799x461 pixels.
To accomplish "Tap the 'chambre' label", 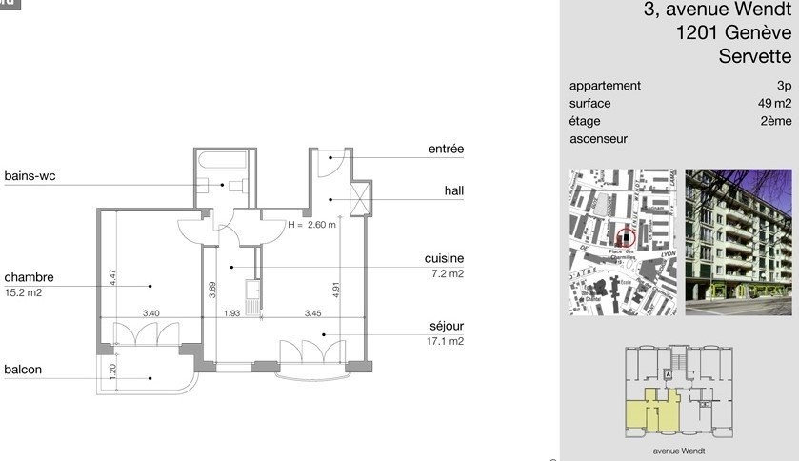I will [x=29, y=278].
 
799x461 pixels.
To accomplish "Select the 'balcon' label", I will [x=22, y=370].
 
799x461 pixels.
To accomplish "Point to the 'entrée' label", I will [x=446, y=150].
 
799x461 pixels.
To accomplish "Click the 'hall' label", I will [x=454, y=190].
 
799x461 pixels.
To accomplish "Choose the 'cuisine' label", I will [x=444, y=259].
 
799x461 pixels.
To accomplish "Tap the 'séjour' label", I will [x=446, y=327].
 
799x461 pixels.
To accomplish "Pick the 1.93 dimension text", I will [x=232, y=312].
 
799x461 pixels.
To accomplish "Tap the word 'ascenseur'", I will [x=598, y=139].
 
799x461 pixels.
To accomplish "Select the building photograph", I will [x=738, y=242].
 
